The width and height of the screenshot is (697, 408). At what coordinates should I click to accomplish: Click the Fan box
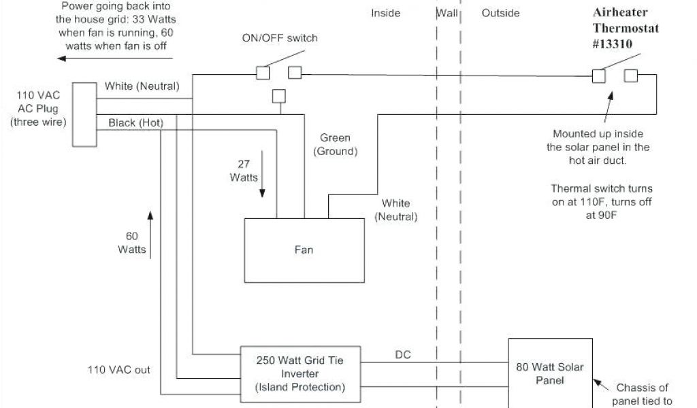click(304, 250)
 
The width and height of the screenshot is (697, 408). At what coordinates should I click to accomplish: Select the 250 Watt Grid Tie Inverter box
click(299, 373)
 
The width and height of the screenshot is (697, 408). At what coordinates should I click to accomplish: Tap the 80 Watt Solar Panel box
click(549, 373)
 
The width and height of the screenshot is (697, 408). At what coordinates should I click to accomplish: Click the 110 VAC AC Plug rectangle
click(84, 114)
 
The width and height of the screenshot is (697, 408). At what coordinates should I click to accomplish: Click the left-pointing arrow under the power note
click(88, 59)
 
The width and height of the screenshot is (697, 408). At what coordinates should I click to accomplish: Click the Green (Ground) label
click(335, 144)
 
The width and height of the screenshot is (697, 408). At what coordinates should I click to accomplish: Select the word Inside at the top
click(385, 13)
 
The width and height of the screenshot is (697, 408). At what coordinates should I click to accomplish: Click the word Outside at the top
click(500, 13)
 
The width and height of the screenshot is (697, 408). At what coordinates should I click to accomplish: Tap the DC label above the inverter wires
click(403, 355)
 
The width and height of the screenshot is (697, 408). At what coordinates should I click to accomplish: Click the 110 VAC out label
click(118, 370)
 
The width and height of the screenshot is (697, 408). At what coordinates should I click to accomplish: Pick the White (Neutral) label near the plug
click(142, 86)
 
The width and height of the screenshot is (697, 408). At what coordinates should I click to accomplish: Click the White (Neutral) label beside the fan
click(395, 209)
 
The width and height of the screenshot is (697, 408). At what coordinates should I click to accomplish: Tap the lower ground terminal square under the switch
click(278, 96)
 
